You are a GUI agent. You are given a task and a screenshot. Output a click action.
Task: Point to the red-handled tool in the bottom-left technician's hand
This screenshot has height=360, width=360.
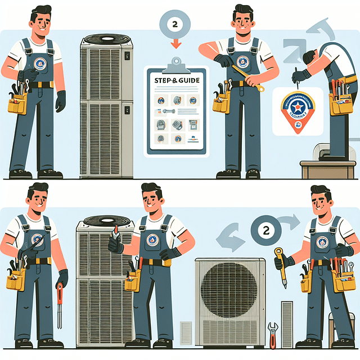pyautogui.click(x=60, y=304)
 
